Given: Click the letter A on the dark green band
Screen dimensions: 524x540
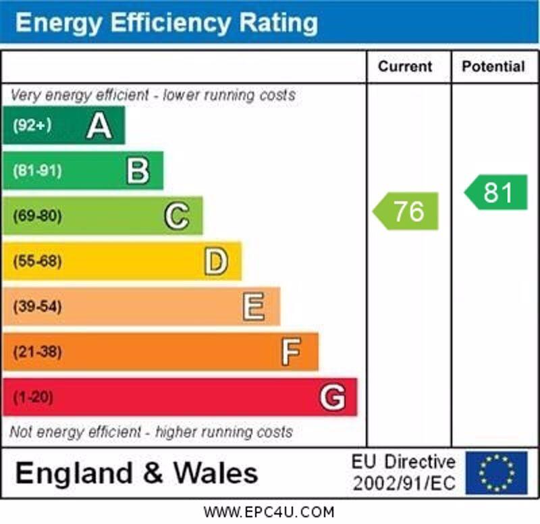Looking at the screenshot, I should pos(99,126).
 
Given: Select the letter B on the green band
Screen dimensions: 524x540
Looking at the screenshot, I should pos(138,171).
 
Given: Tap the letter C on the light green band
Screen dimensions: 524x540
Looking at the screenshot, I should pos(176,216).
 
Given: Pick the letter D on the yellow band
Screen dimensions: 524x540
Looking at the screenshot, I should pos(215,261).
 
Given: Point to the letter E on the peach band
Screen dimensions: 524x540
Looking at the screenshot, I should pos(254,307).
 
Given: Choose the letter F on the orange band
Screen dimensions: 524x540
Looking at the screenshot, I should pos(291,352).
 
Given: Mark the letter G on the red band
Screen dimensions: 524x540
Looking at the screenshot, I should pos(332,397).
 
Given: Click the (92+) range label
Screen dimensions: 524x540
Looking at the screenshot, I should pos(32,126).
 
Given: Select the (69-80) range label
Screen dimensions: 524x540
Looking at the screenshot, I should pos(36,216).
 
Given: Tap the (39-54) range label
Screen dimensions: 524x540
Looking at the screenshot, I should pos(36,307).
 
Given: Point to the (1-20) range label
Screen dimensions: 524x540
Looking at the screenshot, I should pos(32,397).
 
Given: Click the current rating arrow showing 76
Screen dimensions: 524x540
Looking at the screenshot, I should pos(406,211).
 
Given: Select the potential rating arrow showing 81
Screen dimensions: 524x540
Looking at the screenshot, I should pos(496,192).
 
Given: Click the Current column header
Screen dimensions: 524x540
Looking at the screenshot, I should pos(405,66).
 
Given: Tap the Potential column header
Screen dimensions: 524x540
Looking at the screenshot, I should pos(493,66).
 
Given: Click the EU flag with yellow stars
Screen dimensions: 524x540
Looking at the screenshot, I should pos(496,473).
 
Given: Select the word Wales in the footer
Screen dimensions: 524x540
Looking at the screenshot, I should pos(216,473).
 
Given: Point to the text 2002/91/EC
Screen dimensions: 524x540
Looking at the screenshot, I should pos(404,483).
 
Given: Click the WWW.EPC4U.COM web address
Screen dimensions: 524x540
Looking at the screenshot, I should pos(269,512).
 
